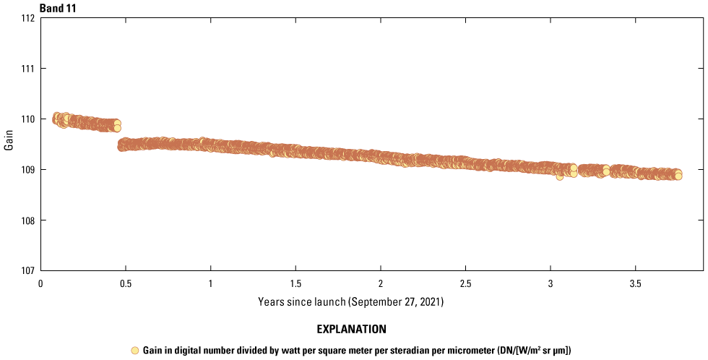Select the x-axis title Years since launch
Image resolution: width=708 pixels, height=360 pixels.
click(x=350, y=301)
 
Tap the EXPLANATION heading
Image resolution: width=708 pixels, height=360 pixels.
click(x=351, y=330)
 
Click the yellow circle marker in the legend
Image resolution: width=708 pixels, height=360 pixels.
click(x=134, y=351)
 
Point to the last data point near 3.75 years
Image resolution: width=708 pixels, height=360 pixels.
click(x=678, y=176)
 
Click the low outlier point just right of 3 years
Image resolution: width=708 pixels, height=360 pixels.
click(x=559, y=176)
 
